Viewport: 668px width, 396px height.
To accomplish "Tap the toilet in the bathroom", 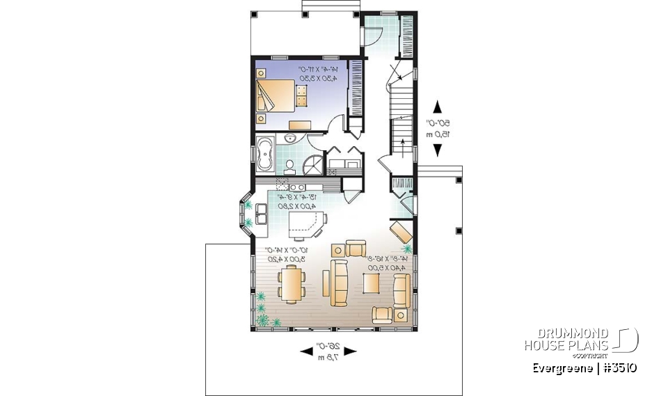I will (x=289, y=165).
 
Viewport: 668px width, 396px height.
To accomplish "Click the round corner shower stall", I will (x=312, y=165).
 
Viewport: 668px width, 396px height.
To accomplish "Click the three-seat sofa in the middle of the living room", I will (x=339, y=283).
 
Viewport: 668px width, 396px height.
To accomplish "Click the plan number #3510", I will (x=619, y=367).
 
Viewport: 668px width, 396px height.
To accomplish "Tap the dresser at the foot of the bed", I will (x=299, y=124).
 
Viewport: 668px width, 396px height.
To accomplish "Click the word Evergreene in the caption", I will (x=563, y=367).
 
